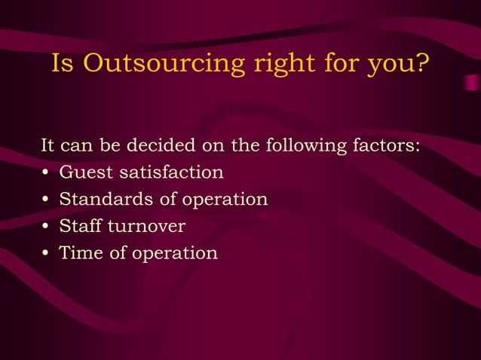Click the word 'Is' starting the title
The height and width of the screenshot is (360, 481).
[x=63, y=65]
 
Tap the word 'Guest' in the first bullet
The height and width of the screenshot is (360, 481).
[x=82, y=172]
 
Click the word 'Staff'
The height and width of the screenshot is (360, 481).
[x=80, y=226]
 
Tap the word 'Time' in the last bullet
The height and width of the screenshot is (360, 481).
[x=78, y=253]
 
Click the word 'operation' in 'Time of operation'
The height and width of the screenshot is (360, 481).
[x=175, y=254]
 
